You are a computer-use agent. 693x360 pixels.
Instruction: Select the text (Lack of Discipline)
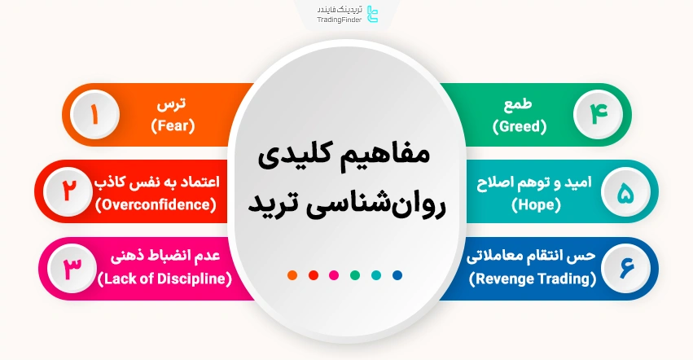tap(164, 279)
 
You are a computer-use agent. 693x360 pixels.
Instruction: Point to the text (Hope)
tap(537, 204)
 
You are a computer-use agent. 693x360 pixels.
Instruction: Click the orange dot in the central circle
tap(292, 274)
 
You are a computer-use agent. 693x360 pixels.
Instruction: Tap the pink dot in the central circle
tap(334, 274)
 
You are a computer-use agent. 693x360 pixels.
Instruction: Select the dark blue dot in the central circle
tap(397, 274)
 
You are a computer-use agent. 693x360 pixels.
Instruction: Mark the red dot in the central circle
tap(314, 274)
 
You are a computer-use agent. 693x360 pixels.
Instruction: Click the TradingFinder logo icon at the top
tap(373, 14)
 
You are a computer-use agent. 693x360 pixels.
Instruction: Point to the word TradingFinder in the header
tap(339, 20)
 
